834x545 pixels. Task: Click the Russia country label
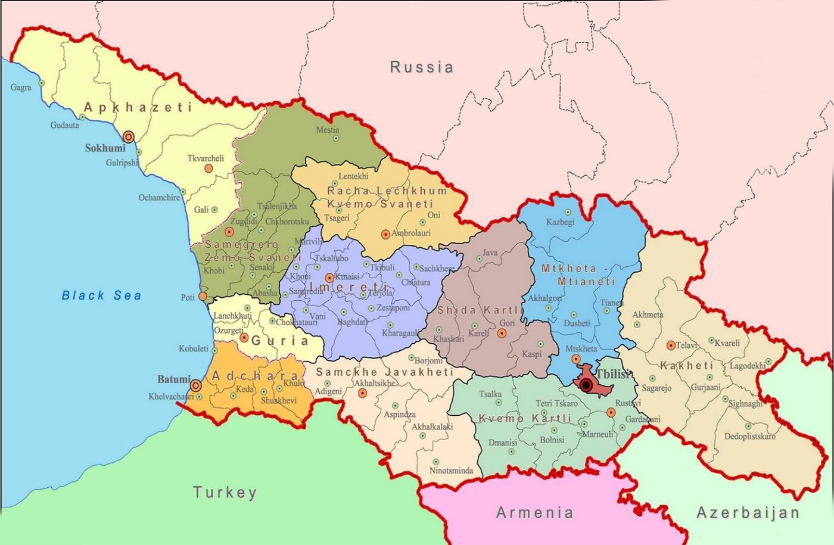pyautogui.click(x=421, y=67)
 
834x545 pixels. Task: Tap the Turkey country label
pyautogui.click(x=225, y=493)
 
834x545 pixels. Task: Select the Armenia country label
pyautogui.click(x=534, y=512)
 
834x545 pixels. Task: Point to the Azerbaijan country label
pyautogui.click(x=748, y=512)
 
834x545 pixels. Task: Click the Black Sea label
pyautogui.click(x=101, y=295)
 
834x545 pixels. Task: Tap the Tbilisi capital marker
pyautogui.click(x=586, y=385)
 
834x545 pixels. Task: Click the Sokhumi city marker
pyautogui.click(x=128, y=137)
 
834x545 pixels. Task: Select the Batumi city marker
pyautogui.click(x=195, y=385)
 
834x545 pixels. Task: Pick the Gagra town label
pyautogui.click(x=21, y=88)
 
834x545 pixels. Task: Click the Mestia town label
pyautogui.click(x=328, y=129)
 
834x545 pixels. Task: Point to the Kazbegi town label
pyautogui.click(x=560, y=222)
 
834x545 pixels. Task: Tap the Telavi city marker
pyautogui.click(x=671, y=345)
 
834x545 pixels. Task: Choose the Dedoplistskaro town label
pyautogui.click(x=749, y=436)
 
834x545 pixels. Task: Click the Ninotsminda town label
pyautogui.click(x=451, y=471)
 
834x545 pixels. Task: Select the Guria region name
pyautogui.click(x=279, y=341)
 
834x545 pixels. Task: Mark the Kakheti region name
pyautogui.click(x=686, y=365)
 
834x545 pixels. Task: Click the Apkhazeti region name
pyautogui.click(x=138, y=107)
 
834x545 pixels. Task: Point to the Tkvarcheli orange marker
pyautogui.click(x=208, y=169)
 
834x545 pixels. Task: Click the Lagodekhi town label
pyautogui.click(x=747, y=366)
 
